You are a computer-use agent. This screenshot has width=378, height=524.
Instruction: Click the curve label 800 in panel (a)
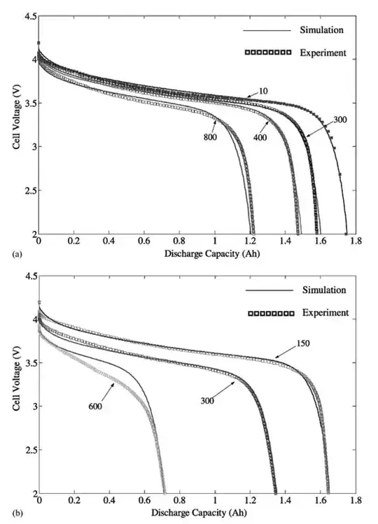211,137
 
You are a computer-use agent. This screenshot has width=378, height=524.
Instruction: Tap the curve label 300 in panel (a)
340,120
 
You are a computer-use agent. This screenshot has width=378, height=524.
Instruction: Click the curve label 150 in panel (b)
303,344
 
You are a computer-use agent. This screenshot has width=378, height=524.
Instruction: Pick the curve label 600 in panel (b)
96,404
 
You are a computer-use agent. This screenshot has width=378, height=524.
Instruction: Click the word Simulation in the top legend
323,31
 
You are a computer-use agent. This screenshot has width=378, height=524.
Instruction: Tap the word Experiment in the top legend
323,52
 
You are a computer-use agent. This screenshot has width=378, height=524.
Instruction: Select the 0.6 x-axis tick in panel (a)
143,242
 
